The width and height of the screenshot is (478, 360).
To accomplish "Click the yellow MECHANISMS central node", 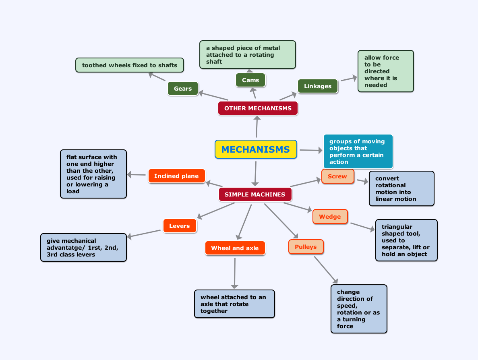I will coord(256,149).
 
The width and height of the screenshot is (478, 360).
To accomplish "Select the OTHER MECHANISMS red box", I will coord(258,108).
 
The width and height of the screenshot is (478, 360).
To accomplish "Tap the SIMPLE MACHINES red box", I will coord(255,194).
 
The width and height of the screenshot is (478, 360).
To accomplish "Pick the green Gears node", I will coord(183,89).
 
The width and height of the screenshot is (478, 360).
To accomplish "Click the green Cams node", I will coord(250,80).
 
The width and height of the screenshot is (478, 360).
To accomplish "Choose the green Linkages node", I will coord(318,86).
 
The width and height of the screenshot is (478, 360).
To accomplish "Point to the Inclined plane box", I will coord(176,176).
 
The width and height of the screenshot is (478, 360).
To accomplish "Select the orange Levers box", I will coord(180,226).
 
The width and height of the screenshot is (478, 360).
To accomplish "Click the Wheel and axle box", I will coord(235,248).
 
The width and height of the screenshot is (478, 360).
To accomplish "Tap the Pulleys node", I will coord(306,247).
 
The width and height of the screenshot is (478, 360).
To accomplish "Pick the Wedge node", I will coord(330,217).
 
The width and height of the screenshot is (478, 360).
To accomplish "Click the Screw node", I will coord(337,176).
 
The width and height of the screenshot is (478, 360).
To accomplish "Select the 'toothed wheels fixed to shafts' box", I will coord(130,65).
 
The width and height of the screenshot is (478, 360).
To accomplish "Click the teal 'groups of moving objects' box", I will coord(358,151).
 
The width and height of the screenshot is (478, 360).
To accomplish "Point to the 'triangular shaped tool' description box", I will coord(406,240).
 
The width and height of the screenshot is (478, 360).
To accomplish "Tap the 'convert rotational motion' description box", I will coord(401,188).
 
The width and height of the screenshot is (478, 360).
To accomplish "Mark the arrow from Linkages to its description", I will coord(349,78).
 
